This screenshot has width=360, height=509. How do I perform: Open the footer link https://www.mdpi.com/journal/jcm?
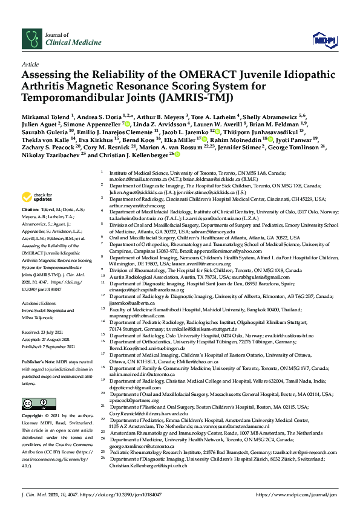298,494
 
